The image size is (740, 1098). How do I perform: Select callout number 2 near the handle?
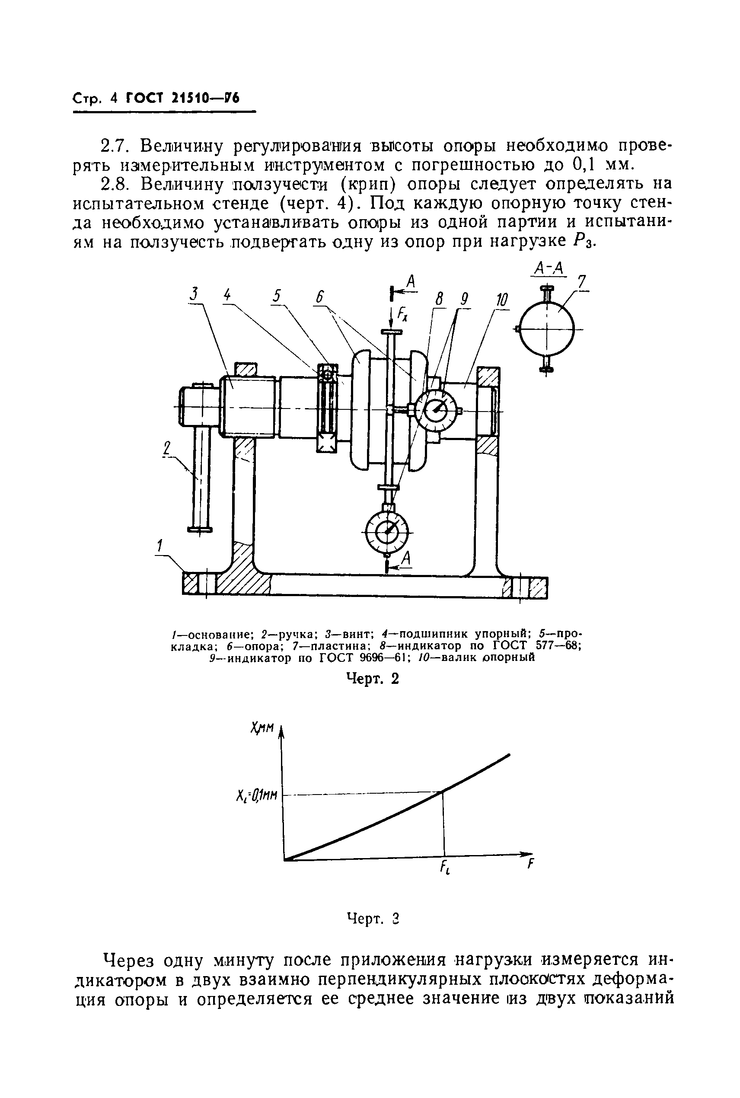click(x=166, y=448)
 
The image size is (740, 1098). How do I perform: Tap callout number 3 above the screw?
click(x=194, y=294)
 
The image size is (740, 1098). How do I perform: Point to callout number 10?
click(x=501, y=300)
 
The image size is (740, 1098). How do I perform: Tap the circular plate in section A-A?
click(x=546, y=329)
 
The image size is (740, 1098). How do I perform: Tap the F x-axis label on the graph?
click(x=530, y=865)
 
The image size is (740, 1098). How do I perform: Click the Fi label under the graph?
click(x=444, y=867)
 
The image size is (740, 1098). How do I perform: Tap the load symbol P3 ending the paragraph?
click(x=584, y=242)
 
